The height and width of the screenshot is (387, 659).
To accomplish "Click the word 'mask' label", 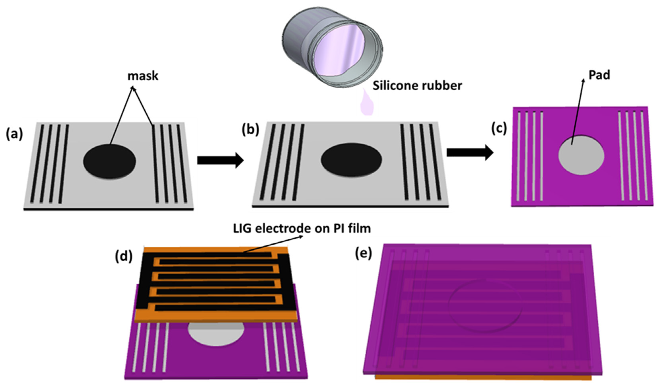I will point(143,76).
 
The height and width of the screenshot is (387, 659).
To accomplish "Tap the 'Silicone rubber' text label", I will point(417,86).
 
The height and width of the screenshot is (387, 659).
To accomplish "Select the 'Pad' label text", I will point(599,75).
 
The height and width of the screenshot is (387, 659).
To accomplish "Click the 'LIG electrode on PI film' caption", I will point(302,229).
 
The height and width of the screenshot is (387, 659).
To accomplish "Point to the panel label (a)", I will point(14,134).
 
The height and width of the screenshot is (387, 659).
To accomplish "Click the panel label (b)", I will point(250,130).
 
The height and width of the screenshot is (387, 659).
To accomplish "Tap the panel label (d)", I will point(124,256).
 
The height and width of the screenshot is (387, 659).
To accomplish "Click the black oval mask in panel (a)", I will point(109,161).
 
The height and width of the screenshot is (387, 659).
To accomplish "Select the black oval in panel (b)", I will point(351,159).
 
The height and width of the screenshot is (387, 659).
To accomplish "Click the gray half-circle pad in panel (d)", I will point(216,336).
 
